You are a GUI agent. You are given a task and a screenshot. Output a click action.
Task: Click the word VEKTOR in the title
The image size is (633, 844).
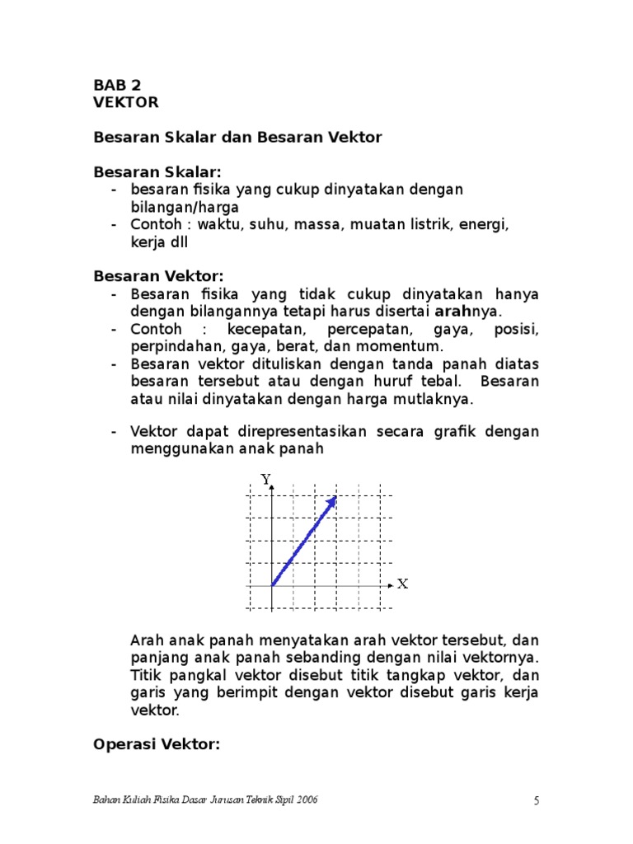pyautogui.click(x=126, y=102)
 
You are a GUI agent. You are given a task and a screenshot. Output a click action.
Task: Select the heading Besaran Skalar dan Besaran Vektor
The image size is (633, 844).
pyautogui.click(x=237, y=138)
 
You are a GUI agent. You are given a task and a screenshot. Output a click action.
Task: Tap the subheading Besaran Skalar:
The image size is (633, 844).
pyautogui.click(x=157, y=172)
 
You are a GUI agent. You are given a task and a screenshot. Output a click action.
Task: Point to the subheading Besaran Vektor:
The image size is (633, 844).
pyautogui.click(x=158, y=276)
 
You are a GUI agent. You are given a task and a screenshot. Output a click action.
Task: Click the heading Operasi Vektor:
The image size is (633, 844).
pyautogui.click(x=157, y=744)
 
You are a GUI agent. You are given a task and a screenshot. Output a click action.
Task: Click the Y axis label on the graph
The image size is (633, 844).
pyautogui.click(x=265, y=478)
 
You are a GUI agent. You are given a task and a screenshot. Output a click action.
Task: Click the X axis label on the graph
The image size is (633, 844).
pyautogui.click(x=402, y=584)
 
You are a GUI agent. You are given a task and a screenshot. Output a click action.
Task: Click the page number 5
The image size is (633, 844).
pyautogui.click(x=536, y=800)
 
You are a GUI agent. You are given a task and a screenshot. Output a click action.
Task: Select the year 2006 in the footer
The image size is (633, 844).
pyautogui.click(x=306, y=800)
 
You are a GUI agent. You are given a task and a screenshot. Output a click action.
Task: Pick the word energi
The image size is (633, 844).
pyautogui.click(x=487, y=224)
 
